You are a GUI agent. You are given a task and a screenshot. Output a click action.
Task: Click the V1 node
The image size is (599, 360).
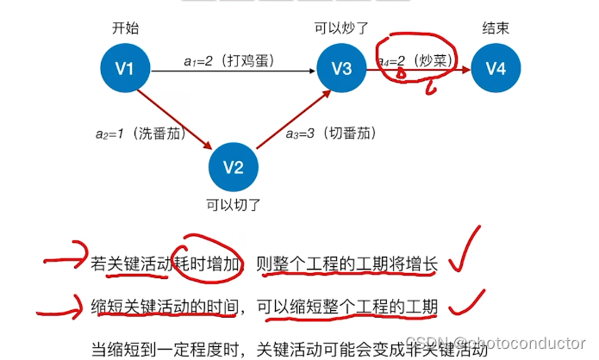click(125, 70)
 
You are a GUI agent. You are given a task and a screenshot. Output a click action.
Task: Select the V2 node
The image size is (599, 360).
click(234, 166)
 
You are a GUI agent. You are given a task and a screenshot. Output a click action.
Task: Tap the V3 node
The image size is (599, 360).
click(341, 70)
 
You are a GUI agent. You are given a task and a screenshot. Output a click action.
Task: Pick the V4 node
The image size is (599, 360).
click(496, 70)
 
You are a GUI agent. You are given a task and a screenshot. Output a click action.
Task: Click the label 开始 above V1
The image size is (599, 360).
click(125, 28)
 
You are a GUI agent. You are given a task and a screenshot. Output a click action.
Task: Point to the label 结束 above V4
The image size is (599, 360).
click(496, 28)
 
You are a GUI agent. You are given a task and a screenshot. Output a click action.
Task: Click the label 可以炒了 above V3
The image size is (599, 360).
click(341, 28)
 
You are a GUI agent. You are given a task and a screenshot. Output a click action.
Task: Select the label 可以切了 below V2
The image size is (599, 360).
click(233, 205)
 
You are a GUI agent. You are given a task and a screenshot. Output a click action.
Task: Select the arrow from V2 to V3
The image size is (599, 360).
click(289, 118)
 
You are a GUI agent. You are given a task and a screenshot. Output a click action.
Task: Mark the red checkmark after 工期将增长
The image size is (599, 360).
click(465, 254)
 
